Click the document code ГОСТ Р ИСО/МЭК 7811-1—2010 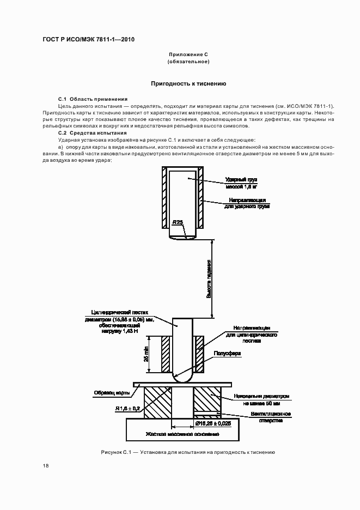(x=88, y=40)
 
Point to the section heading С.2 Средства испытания (x=92, y=133)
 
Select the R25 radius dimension (x=178, y=222)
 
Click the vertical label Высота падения (x=209, y=278)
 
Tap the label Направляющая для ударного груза (x=247, y=203)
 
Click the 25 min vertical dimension (x=147, y=354)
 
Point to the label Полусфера (x=231, y=354)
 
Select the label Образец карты (x=112, y=392)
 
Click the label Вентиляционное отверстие (x=270, y=417)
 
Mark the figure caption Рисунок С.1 (x=188, y=453)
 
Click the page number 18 (x=45, y=465)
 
